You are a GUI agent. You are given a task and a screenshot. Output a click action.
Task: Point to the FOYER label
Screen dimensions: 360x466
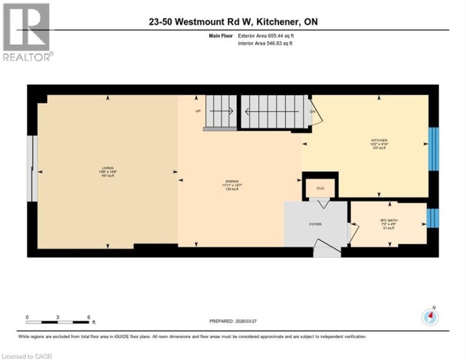click(x=315, y=224)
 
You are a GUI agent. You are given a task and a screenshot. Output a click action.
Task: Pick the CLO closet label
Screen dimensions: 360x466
click(x=320, y=188)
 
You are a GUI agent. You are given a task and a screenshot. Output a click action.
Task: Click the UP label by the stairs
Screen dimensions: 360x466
click(x=198, y=111)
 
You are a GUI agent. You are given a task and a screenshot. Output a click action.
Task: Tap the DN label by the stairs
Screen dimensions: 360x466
click(x=312, y=111)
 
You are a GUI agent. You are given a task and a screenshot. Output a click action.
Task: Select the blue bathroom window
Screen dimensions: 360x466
click(x=434, y=218)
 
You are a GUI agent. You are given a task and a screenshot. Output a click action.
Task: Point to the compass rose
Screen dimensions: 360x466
click(x=430, y=317)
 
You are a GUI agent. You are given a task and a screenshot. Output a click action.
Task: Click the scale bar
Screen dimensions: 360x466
click(x=58, y=322)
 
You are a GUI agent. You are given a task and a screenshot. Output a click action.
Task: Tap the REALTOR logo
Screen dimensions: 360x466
click(x=27, y=32)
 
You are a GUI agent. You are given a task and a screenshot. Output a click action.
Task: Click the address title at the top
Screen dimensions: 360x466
click(x=233, y=22)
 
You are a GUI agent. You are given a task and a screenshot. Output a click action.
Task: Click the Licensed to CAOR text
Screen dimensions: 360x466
click(x=27, y=355)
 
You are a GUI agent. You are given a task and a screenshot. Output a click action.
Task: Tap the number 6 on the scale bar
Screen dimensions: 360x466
click(x=88, y=317)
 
